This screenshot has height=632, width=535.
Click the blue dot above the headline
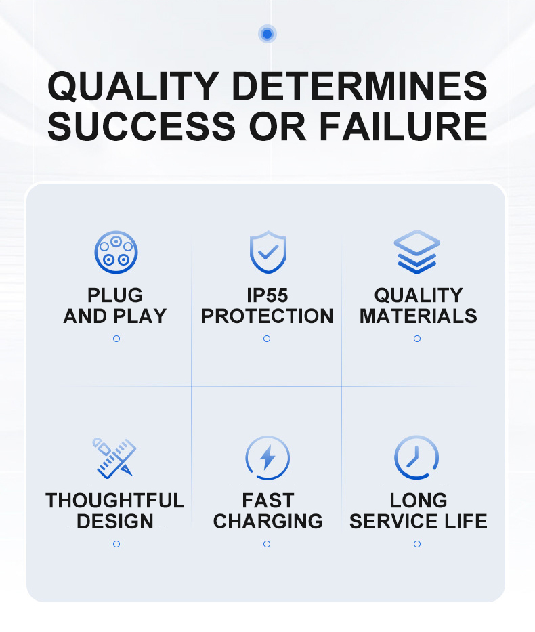(267, 34)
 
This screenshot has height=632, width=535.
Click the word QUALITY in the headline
(133, 86)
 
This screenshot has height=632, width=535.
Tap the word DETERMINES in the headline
(360, 86)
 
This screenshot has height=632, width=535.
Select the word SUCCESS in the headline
(142, 126)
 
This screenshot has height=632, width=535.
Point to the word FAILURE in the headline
(403, 126)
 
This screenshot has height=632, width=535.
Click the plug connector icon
(116, 252)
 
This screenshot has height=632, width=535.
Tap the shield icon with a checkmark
(268, 252)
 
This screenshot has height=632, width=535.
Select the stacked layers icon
(417, 252)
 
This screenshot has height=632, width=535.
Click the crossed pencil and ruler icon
(114, 458)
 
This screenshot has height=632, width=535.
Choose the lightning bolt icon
(267, 458)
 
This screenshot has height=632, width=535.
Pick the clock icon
(416, 457)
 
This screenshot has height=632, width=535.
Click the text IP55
(267, 295)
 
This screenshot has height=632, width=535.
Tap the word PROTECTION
(267, 316)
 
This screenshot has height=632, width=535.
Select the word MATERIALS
(418, 316)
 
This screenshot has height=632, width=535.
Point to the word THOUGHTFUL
(115, 501)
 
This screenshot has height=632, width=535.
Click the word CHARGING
(268, 521)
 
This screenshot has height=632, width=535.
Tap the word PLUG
(115, 295)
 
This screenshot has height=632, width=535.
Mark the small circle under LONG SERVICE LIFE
(417, 544)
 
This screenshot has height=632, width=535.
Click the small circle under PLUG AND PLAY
(116, 339)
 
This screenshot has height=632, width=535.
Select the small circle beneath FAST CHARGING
(267, 544)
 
